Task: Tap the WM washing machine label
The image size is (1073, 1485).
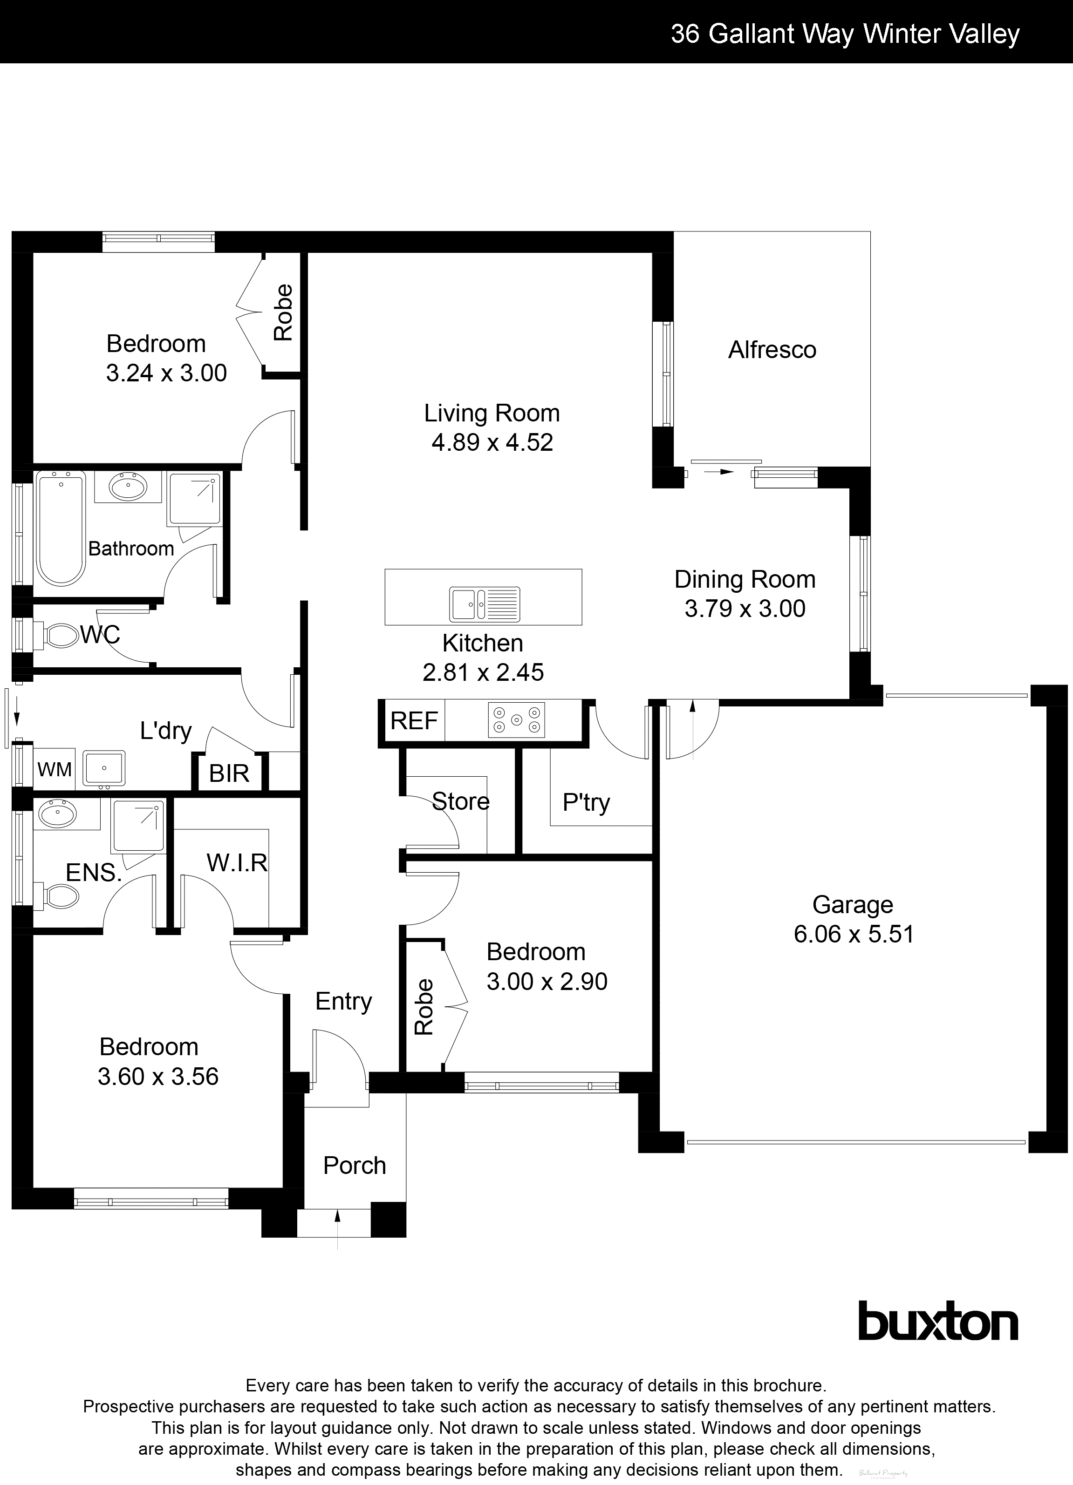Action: click(x=55, y=769)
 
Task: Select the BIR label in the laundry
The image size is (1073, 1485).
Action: click(x=229, y=773)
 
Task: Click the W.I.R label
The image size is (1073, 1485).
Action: click(x=237, y=862)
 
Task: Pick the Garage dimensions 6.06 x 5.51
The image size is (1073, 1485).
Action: click(x=853, y=934)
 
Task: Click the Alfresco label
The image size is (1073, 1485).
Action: click(x=772, y=350)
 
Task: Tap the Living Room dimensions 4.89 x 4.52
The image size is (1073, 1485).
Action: click(x=492, y=443)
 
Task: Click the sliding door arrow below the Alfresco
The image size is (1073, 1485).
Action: click(x=721, y=471)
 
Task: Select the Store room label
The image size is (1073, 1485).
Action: click(x=460, y=801)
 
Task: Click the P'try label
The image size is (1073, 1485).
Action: click(x=586, y=802)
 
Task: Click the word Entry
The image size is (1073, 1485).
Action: click(x=343, y=1001)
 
